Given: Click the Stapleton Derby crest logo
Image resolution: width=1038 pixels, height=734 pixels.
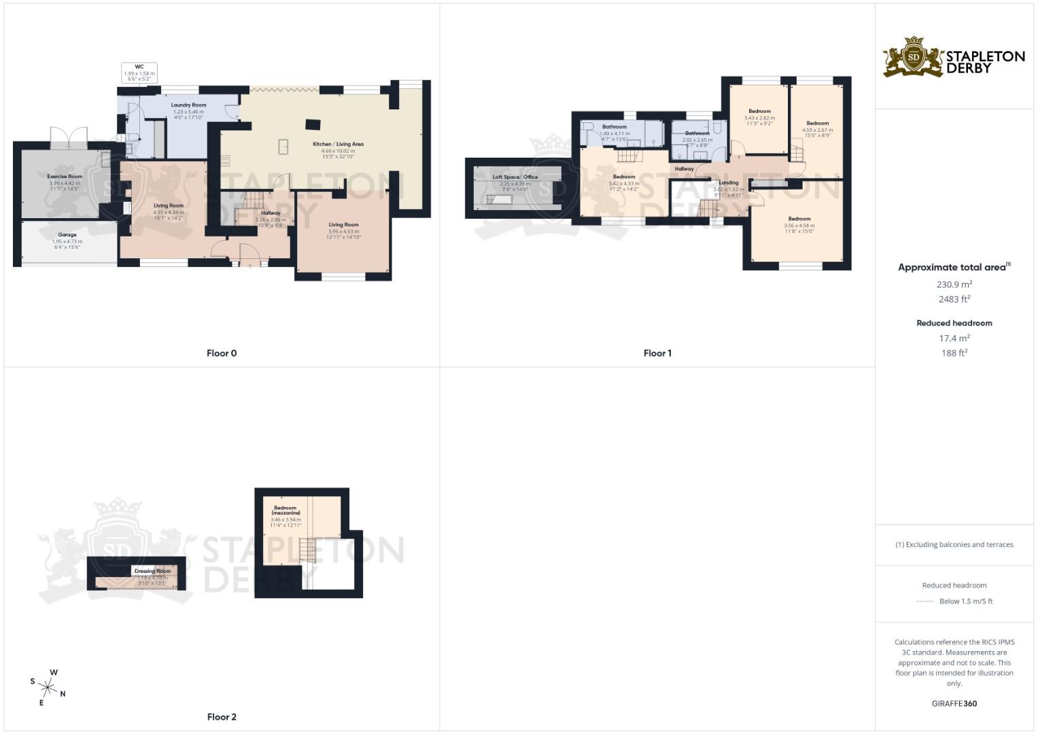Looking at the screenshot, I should tap(914, 57).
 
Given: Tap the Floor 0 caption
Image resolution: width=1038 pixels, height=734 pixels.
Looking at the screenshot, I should tap(222, 353).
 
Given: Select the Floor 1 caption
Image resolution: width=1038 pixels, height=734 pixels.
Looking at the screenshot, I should tap(657, 353).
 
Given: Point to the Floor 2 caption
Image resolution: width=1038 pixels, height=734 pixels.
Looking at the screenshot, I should tap(222, 717).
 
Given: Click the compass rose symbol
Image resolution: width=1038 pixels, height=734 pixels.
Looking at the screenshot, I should tap(48, 688).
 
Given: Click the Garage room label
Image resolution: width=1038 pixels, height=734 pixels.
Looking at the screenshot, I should tap(67, 235).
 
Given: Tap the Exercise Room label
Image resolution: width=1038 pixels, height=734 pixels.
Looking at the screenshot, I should tap(65, 177).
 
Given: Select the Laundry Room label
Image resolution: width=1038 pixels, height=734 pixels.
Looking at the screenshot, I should tap(188, 105).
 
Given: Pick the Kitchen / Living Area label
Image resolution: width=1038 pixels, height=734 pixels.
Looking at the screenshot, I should tap(338, 144).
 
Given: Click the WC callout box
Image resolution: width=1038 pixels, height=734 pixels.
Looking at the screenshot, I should tap(139, 73).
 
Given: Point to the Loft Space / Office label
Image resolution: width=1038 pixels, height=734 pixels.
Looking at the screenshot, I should tap(515, 177).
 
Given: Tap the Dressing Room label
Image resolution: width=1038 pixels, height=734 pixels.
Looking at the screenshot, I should tap(152, 572).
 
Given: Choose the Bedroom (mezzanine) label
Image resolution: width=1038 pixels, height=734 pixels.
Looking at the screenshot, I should tap(286, 510).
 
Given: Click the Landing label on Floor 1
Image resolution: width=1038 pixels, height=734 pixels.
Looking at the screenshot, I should tap(728, 183).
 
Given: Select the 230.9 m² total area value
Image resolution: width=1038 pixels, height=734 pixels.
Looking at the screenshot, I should tap(954, 285).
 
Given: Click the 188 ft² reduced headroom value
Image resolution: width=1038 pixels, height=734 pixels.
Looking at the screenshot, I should tap(954, 353).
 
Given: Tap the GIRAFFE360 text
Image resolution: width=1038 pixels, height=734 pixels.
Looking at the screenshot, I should tap(954, 704).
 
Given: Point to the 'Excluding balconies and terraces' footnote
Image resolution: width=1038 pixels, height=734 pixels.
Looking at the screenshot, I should tap(954, 544).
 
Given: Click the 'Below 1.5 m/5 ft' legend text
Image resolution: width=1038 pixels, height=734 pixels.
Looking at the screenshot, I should tap(965, 601).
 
